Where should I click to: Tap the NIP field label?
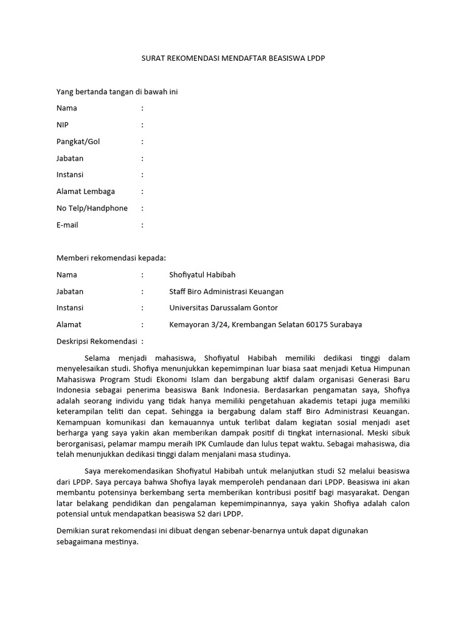tap(63, 125)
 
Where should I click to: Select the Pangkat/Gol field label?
tap(78, 142)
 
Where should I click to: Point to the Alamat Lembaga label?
tap(85, 192)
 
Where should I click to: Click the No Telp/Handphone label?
tap(92, 208)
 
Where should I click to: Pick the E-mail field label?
tap(67, 224)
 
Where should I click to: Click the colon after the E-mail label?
tap(142, 224)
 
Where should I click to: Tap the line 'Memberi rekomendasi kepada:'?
tap(111, 258)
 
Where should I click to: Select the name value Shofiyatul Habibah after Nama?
tap(203, 275)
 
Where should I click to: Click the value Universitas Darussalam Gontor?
tap(223, 308)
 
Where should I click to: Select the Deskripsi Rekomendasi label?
tap(97, 341)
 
